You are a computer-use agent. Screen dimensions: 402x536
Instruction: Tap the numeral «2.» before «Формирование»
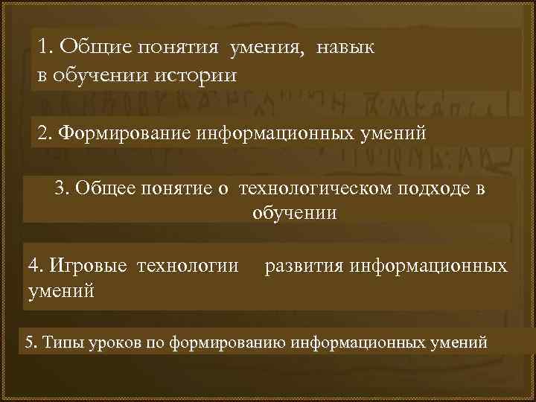coord(45,134)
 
